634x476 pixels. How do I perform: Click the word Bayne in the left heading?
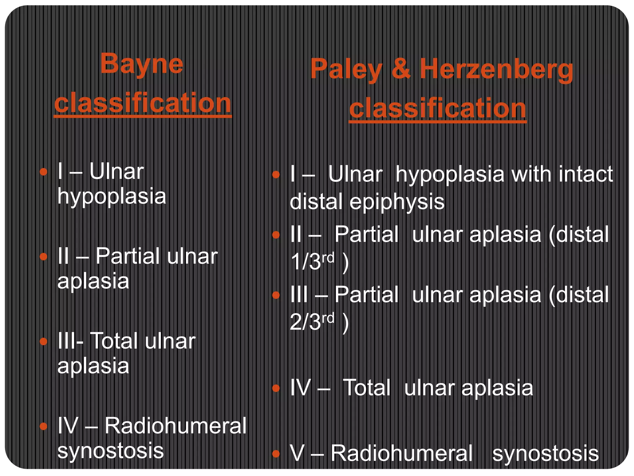pyautogui.click(x=142, y=64)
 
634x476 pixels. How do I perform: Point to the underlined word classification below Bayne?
pyautogui.click(x=143, y=103)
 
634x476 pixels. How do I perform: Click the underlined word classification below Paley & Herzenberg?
pyautogui.click(x=437, y=109)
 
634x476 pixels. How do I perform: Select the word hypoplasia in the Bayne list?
pyautogui.click(x=112, y=196)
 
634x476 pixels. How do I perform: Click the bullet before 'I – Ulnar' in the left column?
pyautogui.click(x=44, y=172)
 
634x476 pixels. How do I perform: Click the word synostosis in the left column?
pyautogui.click(x=111, y=451)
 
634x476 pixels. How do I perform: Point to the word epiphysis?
pyautogui.click(x=397, y=202)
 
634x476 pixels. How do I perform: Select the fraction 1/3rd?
pyautogui.click(x=313, y=261)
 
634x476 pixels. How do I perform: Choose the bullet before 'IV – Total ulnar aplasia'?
pyautogui.click(x=276, y=388)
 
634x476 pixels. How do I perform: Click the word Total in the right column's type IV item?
pyautogui.click(x=367, y=388)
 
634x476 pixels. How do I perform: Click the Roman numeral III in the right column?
pyautogui.click(x=299, y=295)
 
